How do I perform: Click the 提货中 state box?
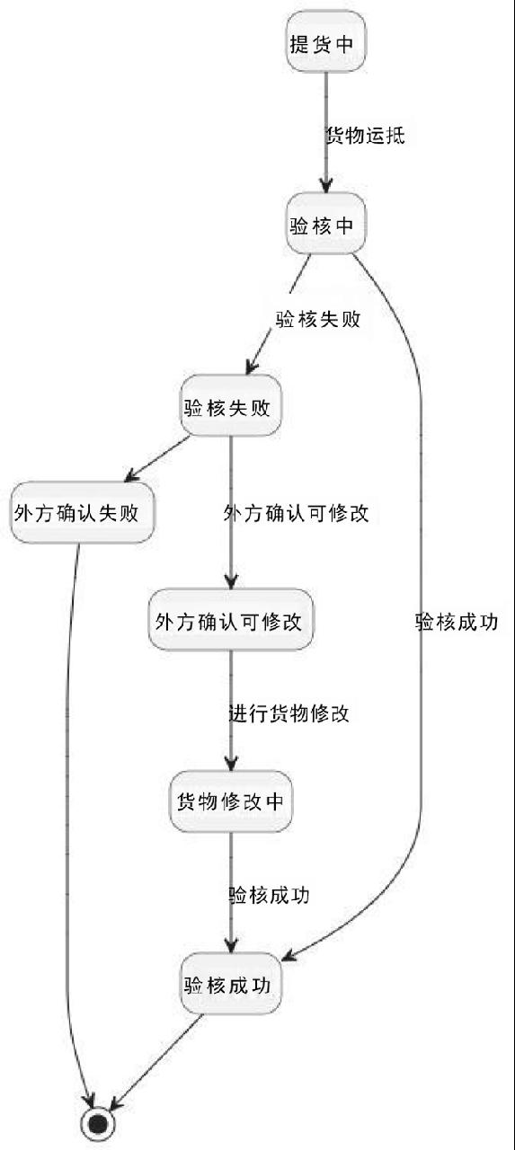click(x=326, y=41)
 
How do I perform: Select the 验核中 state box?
click(x=326, y=224)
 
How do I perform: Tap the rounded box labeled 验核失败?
click(x=231, y=405)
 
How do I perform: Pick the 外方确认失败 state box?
click(x=83, y=512)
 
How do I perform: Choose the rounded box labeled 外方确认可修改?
click(x=231, y=620)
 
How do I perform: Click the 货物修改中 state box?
click(x=231, y=801)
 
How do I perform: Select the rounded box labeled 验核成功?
click(x=231, y=984)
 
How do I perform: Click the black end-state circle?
click(x=98, y=1124)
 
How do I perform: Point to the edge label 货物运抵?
click(x=366, y=135)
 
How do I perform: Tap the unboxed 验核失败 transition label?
click(x=318, y=319)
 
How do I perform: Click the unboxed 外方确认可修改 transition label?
click(x=297, y=513)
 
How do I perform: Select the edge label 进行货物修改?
click(x=289, y=713)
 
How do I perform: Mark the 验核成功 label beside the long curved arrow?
click(x=457, y=622)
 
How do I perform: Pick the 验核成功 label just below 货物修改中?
click(x=270, y=895)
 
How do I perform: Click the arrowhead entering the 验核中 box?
click(x=326, y=186)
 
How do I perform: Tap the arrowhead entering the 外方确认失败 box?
click(x=132, y=475)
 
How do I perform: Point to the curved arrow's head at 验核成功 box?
click(x=289, y=955)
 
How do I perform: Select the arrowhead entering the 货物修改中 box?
click(x=231, y=764)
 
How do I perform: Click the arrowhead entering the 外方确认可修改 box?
click(x=231, y=582)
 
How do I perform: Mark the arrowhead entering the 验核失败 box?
click(x=252, y=367)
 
